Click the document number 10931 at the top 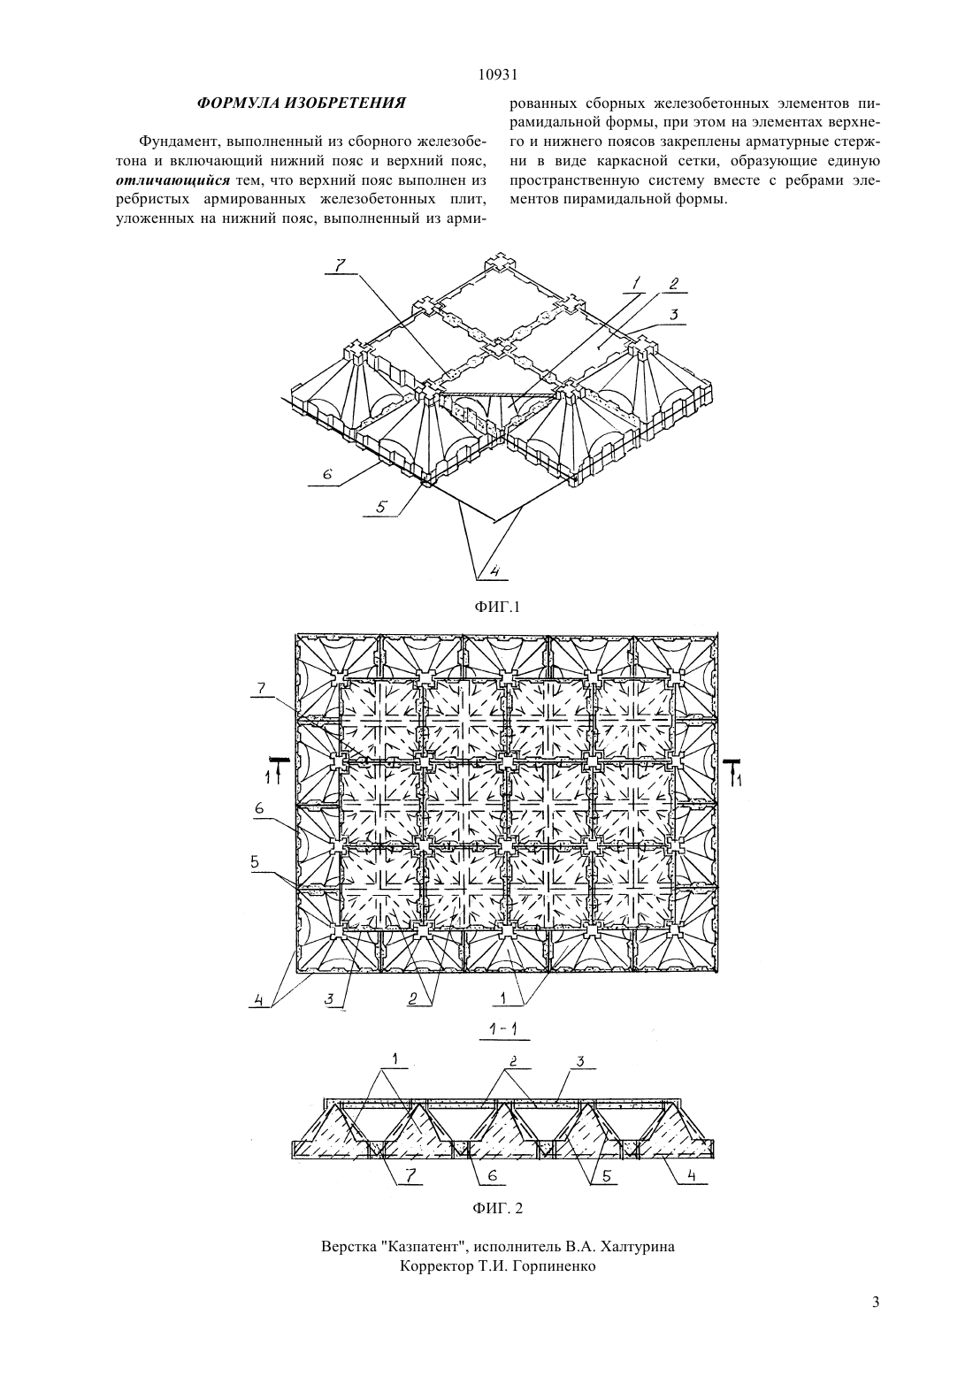coord(497,75)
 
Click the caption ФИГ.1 coord(497,607)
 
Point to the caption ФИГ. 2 coord(497,1209)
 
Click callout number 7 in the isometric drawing coord(340,265)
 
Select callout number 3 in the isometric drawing coord(673,315)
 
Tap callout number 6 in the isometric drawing coord(326,474)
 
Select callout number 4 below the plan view coord(258,1000)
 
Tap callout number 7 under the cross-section coord(410,1175)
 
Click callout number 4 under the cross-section coord(692,1175)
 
